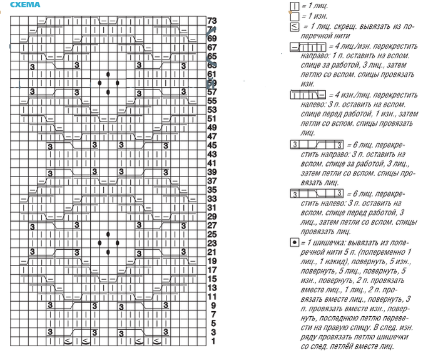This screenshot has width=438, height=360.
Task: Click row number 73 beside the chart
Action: (211, 21)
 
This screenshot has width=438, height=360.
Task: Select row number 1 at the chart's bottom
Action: (213, 341)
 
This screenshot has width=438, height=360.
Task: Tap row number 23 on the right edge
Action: (211, 243)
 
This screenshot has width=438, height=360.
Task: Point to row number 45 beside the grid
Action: (211, 145)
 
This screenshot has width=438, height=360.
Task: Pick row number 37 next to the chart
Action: (211, 180)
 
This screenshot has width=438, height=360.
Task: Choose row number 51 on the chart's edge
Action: (211, 118)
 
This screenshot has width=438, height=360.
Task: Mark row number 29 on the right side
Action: (211, 216)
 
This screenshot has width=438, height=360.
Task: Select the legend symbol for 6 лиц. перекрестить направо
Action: (317, 145)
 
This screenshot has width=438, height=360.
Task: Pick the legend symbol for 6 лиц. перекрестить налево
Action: (317, 194)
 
